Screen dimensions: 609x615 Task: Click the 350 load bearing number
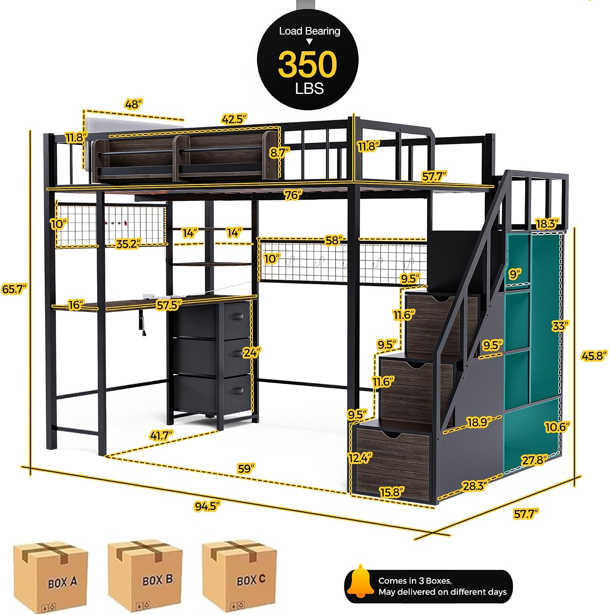[x=307, y=64]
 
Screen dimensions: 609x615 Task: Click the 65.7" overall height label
[x=15, y=289]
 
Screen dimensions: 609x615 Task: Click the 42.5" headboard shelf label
[x=234, y=119]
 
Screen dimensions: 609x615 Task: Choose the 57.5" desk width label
[x=169, y=305]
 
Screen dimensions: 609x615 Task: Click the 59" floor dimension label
[x=246, y=468]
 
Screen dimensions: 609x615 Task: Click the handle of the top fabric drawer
[x=238, y=316]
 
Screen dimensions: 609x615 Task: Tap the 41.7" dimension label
[x=161, y=435]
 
